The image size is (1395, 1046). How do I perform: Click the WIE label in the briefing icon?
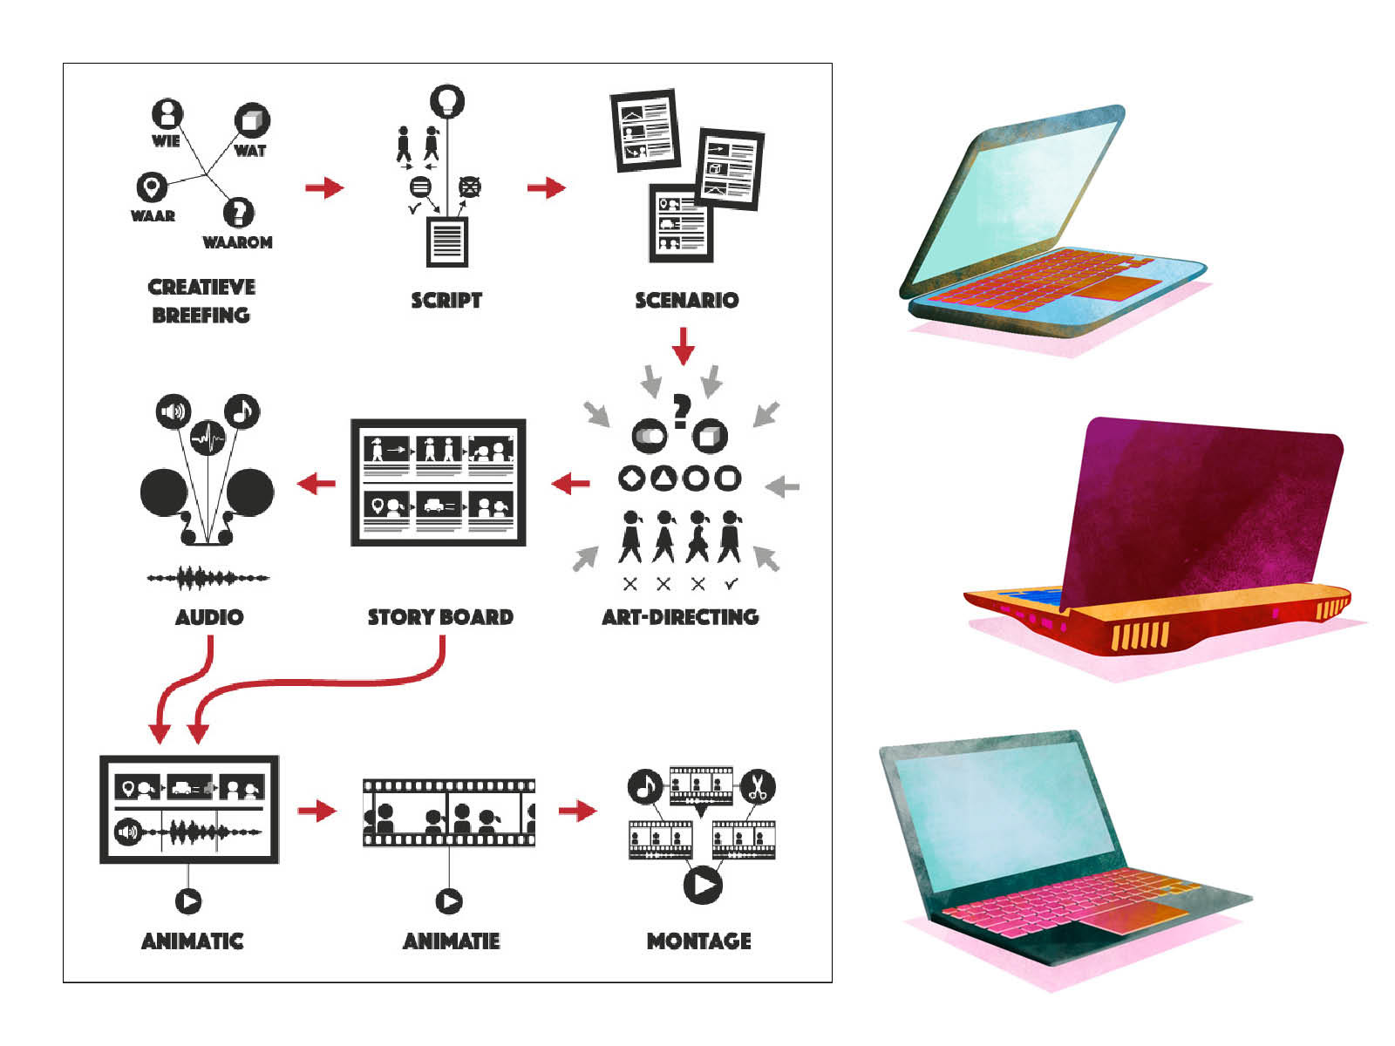pyautogui.click(x=166, y=140)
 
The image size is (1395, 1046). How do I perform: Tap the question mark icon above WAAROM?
pyautogui.click(x=238, y=212)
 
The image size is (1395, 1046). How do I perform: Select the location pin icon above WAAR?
pyautogui.click(x=152, y=187)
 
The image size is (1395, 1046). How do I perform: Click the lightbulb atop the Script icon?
pyautogui.click(x=447, y=101)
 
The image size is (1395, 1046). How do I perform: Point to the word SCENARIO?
pyautogui.click(x=686, y=300)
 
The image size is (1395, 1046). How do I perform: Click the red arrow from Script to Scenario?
pyautogui.click(x=547, y=187)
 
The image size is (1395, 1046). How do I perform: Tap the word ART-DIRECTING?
pyautogui.click(x=680, y=617)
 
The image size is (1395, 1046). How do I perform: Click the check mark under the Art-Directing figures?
pyautogui.click(x=732, y=583)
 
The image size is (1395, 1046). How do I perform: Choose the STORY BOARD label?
pyautogui.click(x=440, y=617)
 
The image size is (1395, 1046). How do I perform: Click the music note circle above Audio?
pyautogui.click(x=242, y=411)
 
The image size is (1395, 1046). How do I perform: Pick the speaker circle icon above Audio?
pyautogui.click(x=174, y=411)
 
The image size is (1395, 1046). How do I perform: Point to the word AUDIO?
pyautogui.click(x=209, y=617)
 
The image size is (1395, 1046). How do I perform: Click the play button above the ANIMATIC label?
pyautogui.click(x=188, y=900)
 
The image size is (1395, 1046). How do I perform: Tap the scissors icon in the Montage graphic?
pyautogui.click(x=757, y=787)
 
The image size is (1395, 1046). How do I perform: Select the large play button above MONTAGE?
pyautogui.click(x=703, y=885)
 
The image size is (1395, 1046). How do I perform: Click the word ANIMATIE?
pyautogui.click(x=451, y=941)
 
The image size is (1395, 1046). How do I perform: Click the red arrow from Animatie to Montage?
pyautogui.click(x=577, y=811)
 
